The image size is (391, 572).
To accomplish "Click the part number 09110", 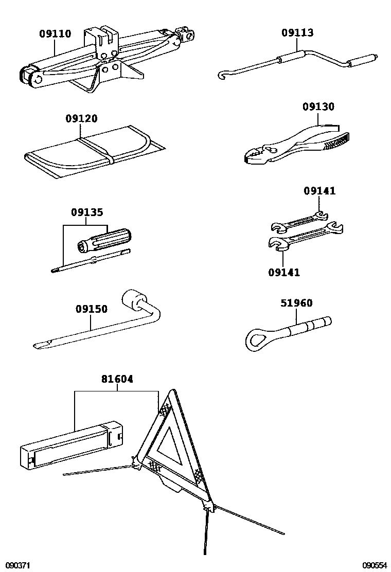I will click(x=55, y=34).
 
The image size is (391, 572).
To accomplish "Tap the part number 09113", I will click(x=297, y=33).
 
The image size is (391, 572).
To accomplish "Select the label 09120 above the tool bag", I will click(x=81, y=118).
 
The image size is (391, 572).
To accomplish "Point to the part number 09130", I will click(x=318, y=107).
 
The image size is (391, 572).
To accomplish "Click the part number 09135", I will click(x=86, y=212).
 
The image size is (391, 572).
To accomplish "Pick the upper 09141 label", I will click(x=319, y=191).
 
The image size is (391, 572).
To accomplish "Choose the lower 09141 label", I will click(x=283, y=272).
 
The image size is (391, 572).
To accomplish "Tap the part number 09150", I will click(x=91, y=309).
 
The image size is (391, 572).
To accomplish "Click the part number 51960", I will click(x=296, y=303).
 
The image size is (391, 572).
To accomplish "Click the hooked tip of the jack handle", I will click(x=222, y=76).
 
